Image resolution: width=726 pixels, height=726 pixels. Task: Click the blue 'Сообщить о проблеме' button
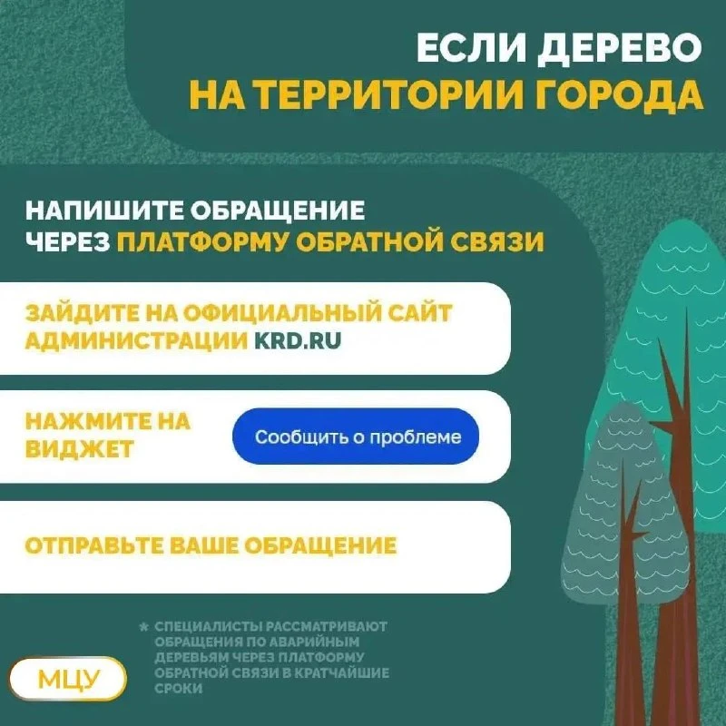click(356, 437)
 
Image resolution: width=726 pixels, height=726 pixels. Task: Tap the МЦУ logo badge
click(68, 679)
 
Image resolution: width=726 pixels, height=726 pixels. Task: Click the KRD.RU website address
click(298, 341)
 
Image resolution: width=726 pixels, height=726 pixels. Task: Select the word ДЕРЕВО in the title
click(620, 48)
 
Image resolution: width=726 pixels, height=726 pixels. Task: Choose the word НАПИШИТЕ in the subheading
click(104, 211)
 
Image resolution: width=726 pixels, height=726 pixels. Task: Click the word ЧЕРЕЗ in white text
click(67, 241)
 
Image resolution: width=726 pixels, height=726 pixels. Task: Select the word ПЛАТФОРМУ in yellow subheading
click(202, 241)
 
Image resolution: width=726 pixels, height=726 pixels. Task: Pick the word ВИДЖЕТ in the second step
click(80, 449)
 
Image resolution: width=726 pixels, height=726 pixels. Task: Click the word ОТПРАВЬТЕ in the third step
click(94, 545)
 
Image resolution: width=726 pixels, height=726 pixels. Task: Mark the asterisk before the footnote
click(144, 627)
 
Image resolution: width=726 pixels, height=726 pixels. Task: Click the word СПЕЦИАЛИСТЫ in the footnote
click(208, 626)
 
